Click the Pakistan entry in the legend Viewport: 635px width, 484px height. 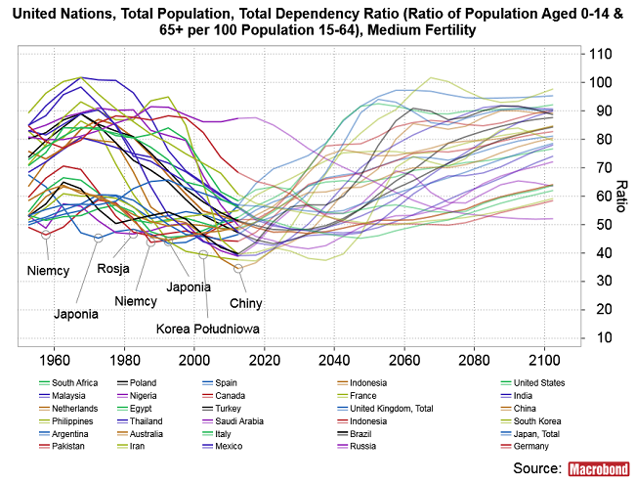click(63, 446)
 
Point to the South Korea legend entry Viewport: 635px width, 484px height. click(539, 420)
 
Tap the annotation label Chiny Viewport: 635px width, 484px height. click(246, 303)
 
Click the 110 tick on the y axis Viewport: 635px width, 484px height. click(600, 53)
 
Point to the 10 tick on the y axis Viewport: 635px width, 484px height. click(597, 337)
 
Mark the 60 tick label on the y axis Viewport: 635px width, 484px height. click(597, 196)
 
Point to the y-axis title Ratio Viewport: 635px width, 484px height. click(620, 196)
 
